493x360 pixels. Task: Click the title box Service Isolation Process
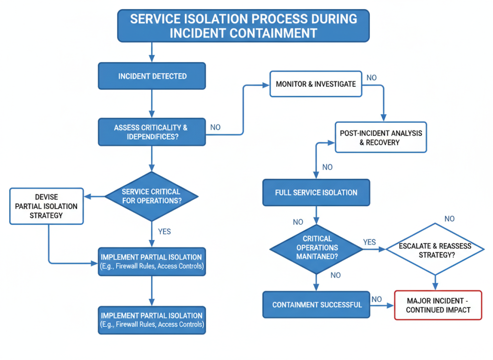pos(244,26)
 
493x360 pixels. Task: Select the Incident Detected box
pos(152,76)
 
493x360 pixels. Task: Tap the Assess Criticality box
pos(152,132)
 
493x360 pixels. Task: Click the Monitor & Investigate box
pos(315,84)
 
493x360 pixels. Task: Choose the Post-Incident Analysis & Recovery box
pos(380,137)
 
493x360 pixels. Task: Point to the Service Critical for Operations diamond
pos(152,196)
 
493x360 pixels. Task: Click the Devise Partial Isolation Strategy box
pos(46,206)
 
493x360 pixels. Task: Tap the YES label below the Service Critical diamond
pos(164,231)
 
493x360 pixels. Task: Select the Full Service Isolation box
pos(316,192)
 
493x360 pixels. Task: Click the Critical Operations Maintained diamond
pos(316,248)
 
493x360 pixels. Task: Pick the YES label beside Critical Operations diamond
pos(369,242)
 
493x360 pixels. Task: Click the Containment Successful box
pos(316,305)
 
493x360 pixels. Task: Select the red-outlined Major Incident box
pos(438,305)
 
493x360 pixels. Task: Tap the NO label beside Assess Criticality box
pos(215,127)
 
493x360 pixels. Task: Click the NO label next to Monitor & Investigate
pos(372,78)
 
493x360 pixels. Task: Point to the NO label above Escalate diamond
pos(449,219)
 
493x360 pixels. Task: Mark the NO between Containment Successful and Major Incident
pos(377,299)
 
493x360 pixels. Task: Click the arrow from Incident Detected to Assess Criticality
pos(152,104)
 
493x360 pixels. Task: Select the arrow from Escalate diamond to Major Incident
pos(435,282)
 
